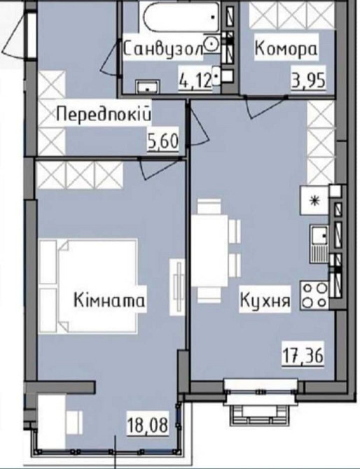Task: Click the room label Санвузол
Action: (162, 49)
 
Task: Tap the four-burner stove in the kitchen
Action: (315, 294)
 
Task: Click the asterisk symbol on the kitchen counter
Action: (315, 202)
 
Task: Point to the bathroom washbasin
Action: (147, 87)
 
